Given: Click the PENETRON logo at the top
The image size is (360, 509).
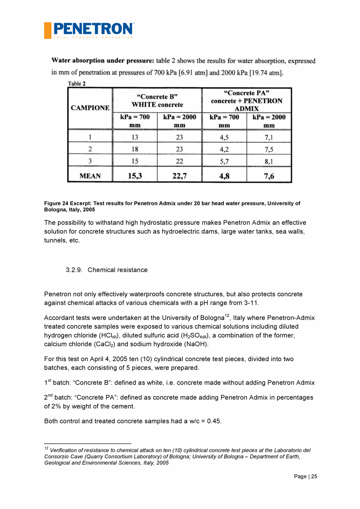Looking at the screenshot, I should coord(89,30).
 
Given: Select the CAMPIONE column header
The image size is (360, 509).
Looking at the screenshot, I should coord(90,108).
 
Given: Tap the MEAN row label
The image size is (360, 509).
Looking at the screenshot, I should coord(90,176).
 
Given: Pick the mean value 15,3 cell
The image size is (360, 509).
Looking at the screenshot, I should coord(135,176).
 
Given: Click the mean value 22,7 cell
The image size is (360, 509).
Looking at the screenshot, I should coord(180,176).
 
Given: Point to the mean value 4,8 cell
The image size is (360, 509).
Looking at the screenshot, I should coord(224,176).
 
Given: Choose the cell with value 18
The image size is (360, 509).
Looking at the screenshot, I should coord(135,149).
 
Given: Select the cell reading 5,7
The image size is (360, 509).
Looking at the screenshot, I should coord(224,161).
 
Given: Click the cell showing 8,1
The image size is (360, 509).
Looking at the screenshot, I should coord(269,161).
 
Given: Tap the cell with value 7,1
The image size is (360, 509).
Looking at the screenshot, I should coord(269,137).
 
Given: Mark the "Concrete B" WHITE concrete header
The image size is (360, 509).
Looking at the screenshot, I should coord(157,101).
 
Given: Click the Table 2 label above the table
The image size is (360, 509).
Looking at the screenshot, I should coord(77,83).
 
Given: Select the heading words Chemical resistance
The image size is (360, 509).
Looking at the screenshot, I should coord(117,270).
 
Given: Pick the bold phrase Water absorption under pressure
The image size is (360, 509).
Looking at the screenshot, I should coord(103,61).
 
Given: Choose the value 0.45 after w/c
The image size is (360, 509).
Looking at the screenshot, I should coord(214,421).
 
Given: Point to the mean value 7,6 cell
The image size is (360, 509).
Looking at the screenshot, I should coord(269,176).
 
